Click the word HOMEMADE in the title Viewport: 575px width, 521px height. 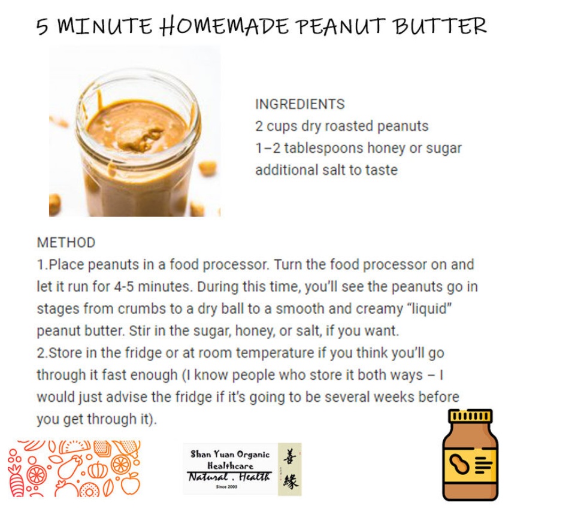[225, 26]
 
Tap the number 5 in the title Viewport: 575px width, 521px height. [43, 27]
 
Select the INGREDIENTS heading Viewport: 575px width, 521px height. [300, 104]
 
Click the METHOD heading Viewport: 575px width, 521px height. [66, 243]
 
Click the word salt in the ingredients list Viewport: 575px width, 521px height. [334, 170]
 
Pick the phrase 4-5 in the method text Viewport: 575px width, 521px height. [124, 286]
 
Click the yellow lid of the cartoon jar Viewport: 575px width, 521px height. [470, 416]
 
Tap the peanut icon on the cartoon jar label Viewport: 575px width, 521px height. [459, 464]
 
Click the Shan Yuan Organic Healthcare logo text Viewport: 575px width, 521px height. [230, 460]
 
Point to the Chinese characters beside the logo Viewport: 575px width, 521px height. [290, 469]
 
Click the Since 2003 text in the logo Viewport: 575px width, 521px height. [226, 487]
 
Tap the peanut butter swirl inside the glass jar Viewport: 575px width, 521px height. [138, 138]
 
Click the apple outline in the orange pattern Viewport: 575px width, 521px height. [131, 483]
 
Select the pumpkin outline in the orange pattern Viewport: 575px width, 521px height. [98, 470]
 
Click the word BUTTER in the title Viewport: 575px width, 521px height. [440, 26]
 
